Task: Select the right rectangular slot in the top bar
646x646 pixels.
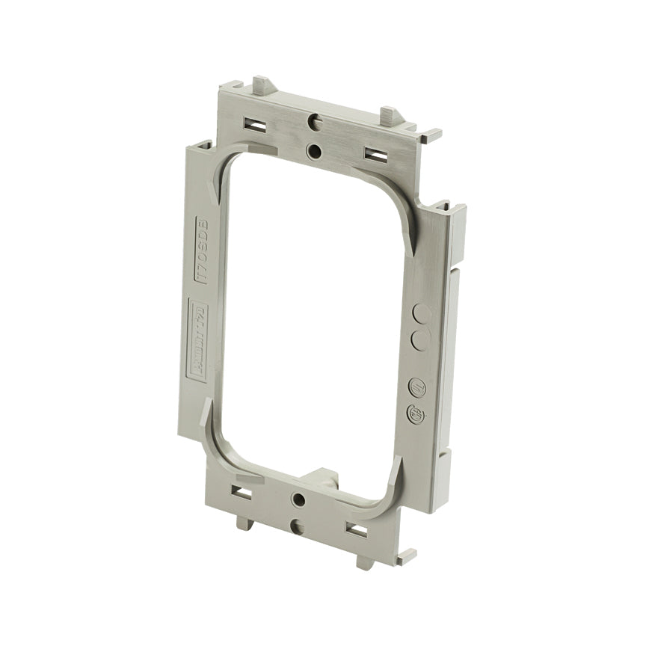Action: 375,153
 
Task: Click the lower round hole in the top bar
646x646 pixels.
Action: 314,151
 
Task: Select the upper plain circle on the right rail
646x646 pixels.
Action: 422,313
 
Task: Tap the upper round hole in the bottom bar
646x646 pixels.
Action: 300,498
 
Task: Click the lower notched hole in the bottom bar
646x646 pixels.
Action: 297,527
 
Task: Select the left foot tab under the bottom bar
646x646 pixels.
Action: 244,523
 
